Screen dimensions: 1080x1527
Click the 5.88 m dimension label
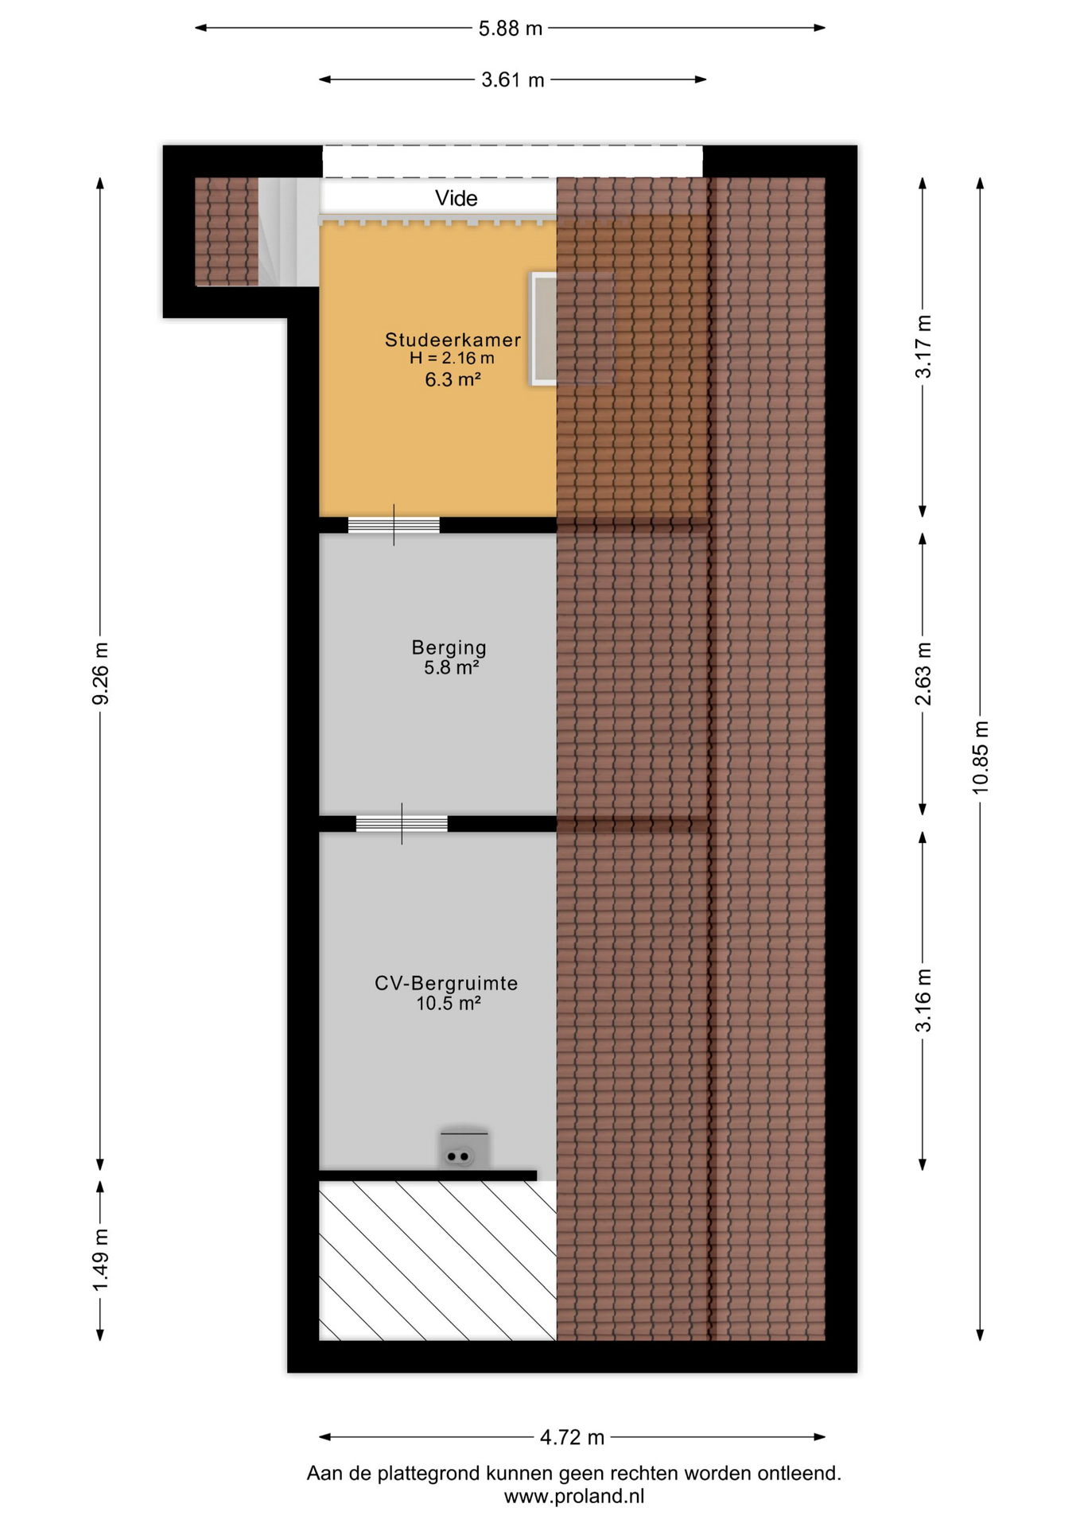click(x=510, y=29)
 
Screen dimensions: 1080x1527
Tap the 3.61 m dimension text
click(x=513, y=80)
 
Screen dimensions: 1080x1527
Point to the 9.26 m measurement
click(x=101, y=674)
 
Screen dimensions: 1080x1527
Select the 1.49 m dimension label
click(x=101, y=1261)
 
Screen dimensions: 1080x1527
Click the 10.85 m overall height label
click(x=981, y=757)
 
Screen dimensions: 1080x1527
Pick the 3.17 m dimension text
click(x=923, y=347)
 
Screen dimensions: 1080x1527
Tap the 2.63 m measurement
click(x=923, y=674)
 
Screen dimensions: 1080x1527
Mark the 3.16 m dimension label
click(x=923, y=1001)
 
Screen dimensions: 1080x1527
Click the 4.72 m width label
click(x=573, y=1438)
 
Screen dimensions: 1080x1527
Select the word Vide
click(x=456, y=198)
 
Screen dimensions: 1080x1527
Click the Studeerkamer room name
click(x=453, y=340)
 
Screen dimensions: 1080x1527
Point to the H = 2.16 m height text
click(x=452, y=359)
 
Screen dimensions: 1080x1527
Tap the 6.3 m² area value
click(x=453, y=379)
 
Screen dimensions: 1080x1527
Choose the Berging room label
click(x=449, y=647)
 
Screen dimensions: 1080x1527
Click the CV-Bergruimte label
click(x=446, y=984)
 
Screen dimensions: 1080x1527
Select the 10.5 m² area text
click(x=449, y=1004)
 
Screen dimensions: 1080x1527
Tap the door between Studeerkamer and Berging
click(x=394, y=525)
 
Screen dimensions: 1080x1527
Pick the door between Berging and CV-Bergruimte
click(x=402, y=824)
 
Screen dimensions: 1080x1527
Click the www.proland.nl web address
click(x=574, y=1497)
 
